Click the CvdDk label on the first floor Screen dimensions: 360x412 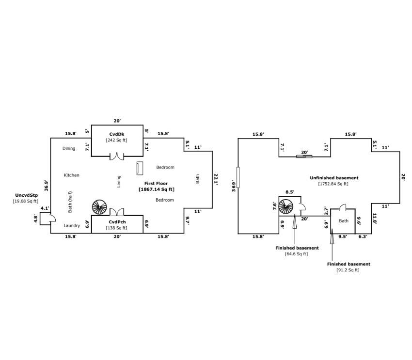117,134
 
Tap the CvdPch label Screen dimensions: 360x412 117,221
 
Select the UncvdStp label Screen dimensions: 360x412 25,195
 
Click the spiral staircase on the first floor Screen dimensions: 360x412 99,207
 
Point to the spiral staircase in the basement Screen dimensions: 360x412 286,207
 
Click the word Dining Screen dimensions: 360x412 69,148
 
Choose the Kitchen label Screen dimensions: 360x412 71,175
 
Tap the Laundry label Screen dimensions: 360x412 72,225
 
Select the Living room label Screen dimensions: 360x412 119,181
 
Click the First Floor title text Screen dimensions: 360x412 156,184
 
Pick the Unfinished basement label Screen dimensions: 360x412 334,178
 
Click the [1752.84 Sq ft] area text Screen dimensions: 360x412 333,184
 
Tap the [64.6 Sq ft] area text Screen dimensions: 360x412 296,253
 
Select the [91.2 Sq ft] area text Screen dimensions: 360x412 348,270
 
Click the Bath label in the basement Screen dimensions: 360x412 343,221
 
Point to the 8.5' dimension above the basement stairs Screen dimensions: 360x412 290,192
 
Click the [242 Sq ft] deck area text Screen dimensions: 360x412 116,140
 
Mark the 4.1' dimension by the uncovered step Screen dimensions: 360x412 45,208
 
